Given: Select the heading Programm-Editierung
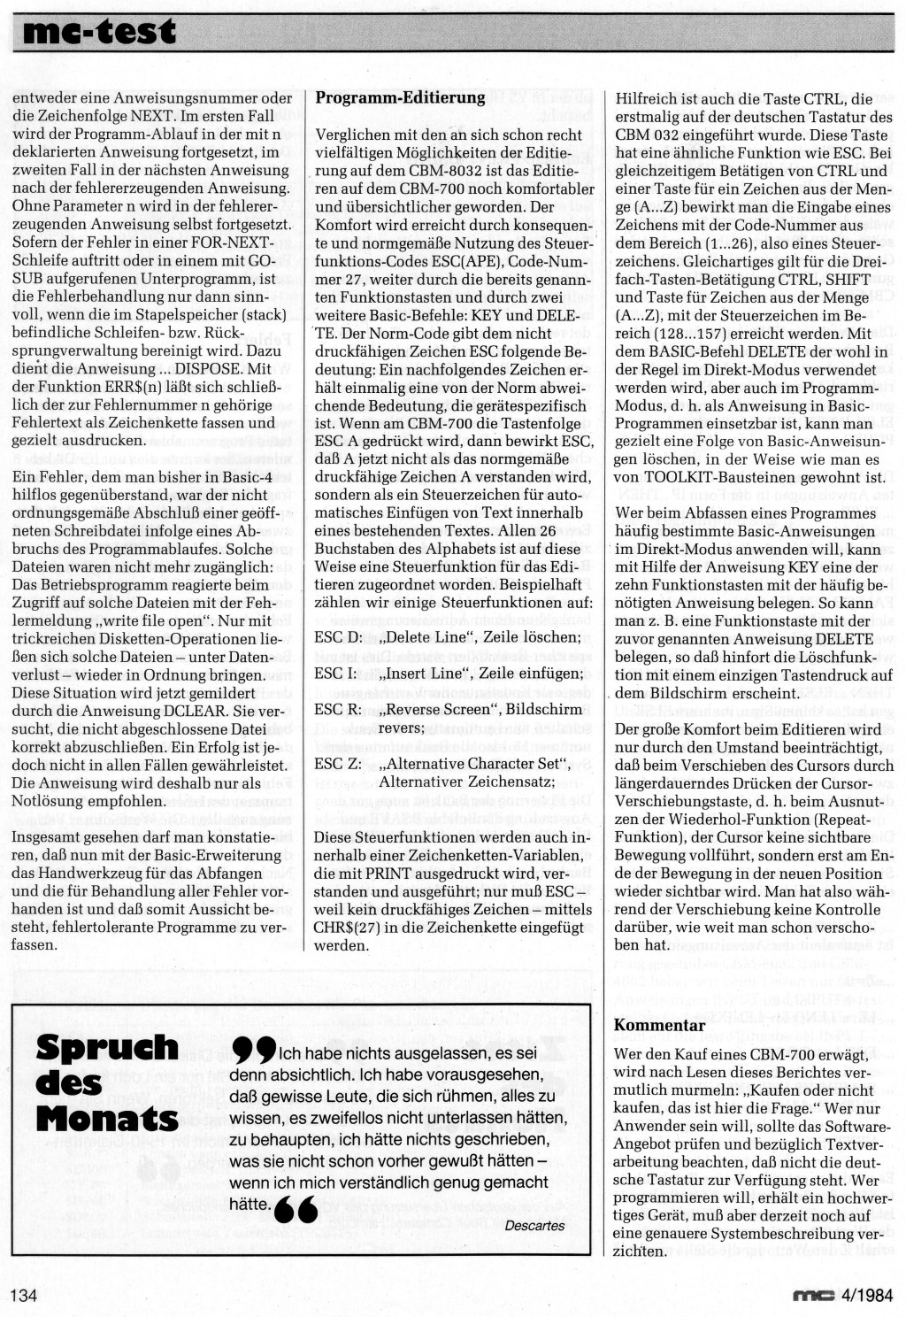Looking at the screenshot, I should click(x=400, y=97).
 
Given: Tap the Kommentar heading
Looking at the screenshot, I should click(x=659, y=1025).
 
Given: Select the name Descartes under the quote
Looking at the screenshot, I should click(x=534, y=1226).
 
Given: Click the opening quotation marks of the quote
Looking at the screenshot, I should click(x=252, y=1051).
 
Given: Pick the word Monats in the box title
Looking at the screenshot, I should click(x=107, y=1117).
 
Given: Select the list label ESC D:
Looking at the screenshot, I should click(x=339, y=636).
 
